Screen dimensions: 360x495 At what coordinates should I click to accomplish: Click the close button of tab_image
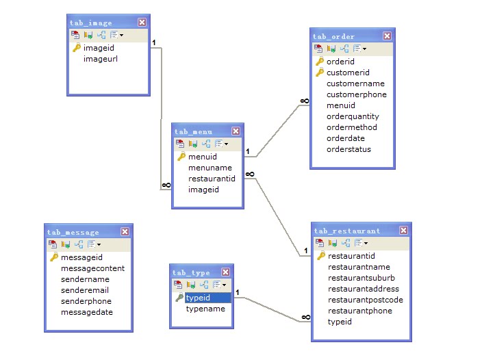click(141, 23)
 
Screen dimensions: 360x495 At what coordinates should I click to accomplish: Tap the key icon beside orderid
click(319, 62)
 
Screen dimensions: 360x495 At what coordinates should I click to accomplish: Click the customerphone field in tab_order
click(357, 94)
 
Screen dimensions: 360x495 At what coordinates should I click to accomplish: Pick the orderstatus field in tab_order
click(349, 149)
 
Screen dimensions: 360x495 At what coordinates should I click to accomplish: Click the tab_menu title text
click(193, 131)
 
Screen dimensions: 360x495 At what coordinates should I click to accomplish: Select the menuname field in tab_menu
click(210, 168)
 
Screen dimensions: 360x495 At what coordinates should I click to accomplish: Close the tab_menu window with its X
click(236, 131)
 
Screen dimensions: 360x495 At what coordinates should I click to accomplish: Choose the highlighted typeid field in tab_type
click(198, 298)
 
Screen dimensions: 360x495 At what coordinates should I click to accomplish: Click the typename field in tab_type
click(205, 309)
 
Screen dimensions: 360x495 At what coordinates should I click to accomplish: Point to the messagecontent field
click(92, 268)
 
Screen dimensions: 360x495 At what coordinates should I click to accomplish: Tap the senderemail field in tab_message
click(85, 290)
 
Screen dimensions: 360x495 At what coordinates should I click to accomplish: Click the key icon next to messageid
click(53, 257)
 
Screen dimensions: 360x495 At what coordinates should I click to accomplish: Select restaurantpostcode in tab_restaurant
click(366, 300)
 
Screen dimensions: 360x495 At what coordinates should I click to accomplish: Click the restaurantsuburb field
click(361, 278)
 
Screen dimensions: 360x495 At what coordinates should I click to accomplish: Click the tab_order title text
click(333, 36)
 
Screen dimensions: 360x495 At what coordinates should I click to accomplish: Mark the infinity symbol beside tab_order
click(304, 101)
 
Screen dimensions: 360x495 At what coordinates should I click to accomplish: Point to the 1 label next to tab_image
click(154, 42)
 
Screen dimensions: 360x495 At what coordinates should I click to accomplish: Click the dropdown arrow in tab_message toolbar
click(99, 244)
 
